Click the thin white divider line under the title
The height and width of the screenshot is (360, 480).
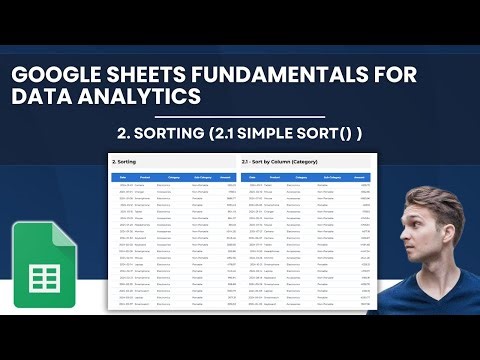pos(239,118)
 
